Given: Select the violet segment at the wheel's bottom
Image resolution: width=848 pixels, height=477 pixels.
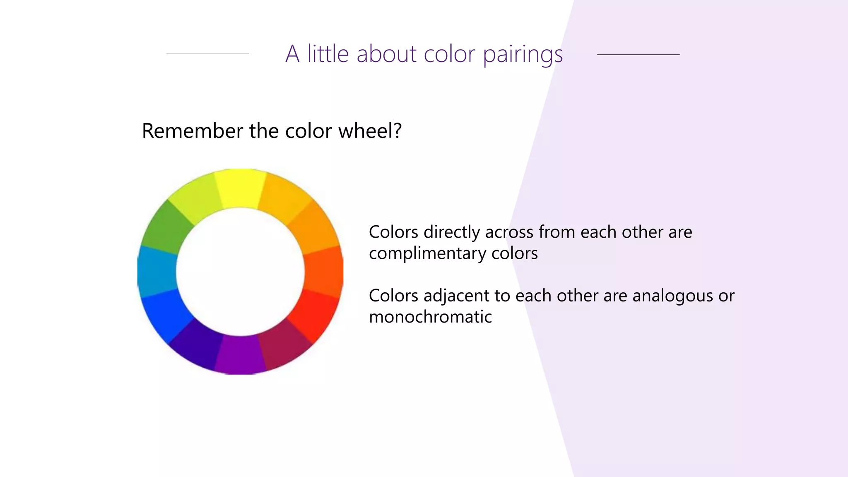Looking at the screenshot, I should pos(240,355).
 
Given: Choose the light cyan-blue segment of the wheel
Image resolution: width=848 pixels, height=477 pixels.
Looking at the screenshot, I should pos(157,271).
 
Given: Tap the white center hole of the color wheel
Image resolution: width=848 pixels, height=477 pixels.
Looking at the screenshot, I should pos(240,272).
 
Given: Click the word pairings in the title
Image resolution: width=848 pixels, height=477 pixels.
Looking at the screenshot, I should pos(523,55).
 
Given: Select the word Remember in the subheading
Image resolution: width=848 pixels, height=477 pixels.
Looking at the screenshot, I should pos(193,131).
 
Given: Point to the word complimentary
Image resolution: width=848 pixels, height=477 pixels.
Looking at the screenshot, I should pos(427,254).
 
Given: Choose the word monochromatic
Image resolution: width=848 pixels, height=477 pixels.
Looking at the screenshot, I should pos(430,317).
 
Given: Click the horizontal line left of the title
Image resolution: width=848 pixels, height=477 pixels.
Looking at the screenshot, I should pos(207,54).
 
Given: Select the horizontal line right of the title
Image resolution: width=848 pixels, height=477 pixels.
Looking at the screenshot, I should pos(638,54).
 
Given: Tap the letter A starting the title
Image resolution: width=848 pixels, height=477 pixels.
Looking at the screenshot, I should pos(292,54).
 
